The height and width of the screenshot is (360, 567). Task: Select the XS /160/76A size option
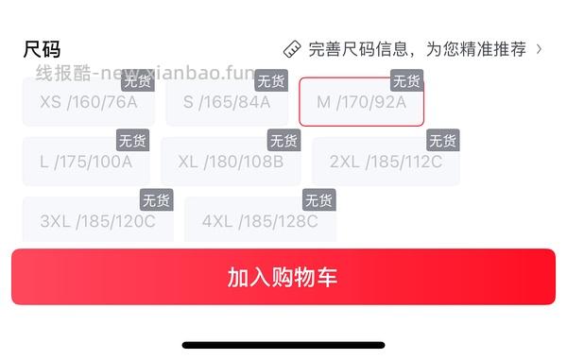89,102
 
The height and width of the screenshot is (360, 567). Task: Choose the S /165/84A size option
227,102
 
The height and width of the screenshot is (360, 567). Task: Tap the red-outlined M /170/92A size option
361,102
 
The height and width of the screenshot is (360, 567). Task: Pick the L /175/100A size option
86,162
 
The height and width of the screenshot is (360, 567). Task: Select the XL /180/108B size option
231,162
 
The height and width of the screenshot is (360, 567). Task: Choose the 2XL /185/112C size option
386,162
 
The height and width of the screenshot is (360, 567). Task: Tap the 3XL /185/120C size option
97,221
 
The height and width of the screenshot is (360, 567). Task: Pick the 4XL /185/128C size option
260,221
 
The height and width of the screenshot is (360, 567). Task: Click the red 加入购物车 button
283,277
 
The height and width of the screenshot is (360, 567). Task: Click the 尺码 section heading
42,49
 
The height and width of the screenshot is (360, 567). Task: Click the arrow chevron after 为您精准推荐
540,48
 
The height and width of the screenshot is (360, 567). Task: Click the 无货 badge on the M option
406,81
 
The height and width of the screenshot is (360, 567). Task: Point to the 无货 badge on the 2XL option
442,141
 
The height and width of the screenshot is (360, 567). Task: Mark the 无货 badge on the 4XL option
318,200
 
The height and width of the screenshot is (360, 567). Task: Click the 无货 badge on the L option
131,141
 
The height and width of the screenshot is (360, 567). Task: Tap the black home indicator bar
283,345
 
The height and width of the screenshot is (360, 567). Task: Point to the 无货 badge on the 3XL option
156,200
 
